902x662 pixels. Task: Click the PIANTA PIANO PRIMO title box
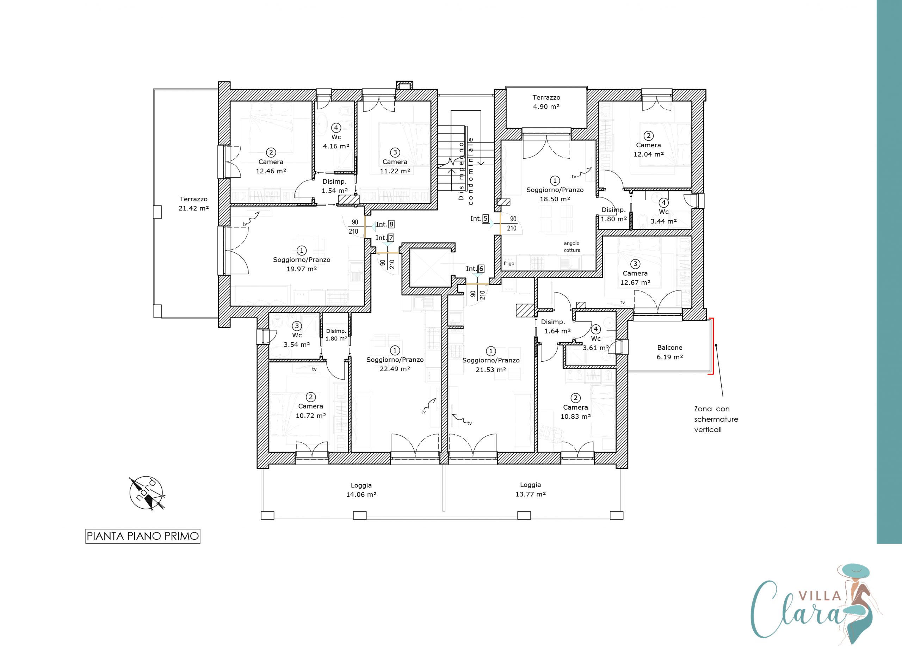point(143,536)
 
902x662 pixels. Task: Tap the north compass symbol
point(147,494)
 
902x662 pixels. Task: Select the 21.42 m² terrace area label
point(194,208)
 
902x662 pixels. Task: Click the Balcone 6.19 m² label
point(670,352)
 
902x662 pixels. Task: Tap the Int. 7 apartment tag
point(384,238)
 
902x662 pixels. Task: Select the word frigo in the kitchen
point(509,264)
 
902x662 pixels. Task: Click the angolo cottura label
point(572,246)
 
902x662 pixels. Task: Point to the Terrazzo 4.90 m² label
point(546,102)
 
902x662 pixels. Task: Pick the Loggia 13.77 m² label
point(530,490)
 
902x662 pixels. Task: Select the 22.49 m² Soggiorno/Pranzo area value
point(395,369)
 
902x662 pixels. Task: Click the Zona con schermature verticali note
point(716,419)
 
